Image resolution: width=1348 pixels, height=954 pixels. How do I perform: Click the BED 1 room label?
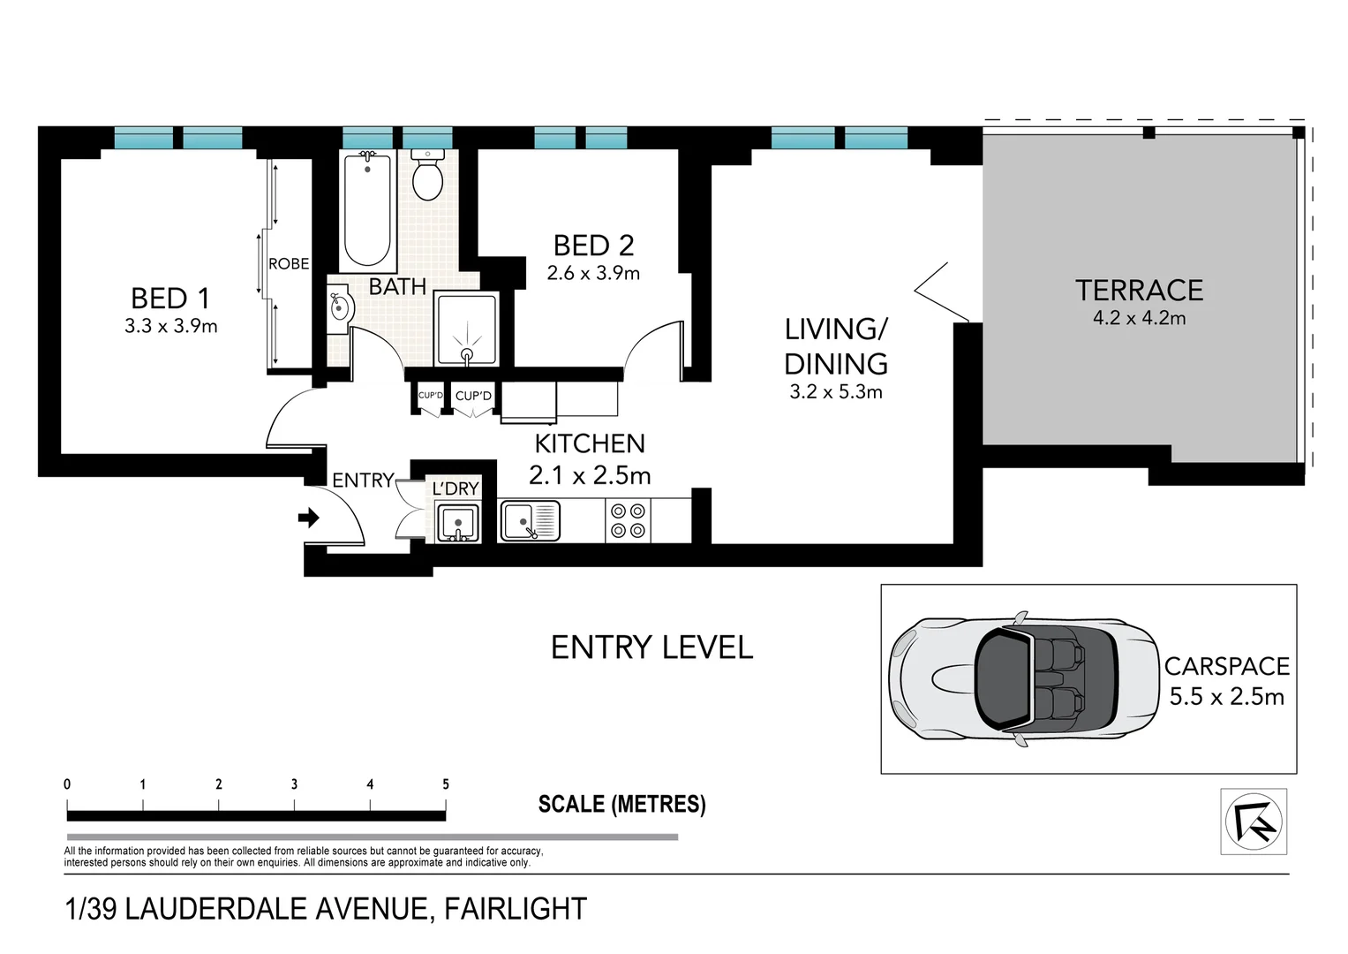pos(170,298)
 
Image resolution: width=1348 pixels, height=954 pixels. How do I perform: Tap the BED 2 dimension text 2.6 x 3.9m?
pos(593,274)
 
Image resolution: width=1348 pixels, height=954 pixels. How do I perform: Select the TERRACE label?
pos(1139,291)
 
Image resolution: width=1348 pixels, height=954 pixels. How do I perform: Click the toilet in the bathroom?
pos(428,176)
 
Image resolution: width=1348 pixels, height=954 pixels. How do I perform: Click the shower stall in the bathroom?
pos(466,329)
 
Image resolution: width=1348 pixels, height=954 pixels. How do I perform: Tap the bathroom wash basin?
pos(340,309)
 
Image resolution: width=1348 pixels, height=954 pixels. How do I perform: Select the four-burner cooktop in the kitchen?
pos(629,520)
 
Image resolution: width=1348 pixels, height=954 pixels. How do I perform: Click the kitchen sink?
pos(530,520)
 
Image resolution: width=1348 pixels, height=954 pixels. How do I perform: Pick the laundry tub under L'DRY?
pos(458,522)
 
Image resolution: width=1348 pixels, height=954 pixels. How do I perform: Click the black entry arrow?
pos(309,518)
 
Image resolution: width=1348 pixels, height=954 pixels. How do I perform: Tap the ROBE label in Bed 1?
pos(289,264)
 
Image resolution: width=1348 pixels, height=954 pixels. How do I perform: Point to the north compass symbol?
pos(1253,821)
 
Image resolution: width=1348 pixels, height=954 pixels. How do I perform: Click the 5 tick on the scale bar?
pos(446,785)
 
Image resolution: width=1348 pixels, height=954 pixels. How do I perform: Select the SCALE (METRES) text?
pos(621,804)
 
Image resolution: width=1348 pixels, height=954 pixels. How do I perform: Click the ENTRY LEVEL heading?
pos(651,647)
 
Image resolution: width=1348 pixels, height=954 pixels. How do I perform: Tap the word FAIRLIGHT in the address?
pos(515,909)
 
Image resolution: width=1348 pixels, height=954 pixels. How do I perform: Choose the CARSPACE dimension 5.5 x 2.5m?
pos(1226,697)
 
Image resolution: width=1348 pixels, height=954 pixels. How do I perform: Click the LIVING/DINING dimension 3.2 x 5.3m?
pos(835,392)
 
